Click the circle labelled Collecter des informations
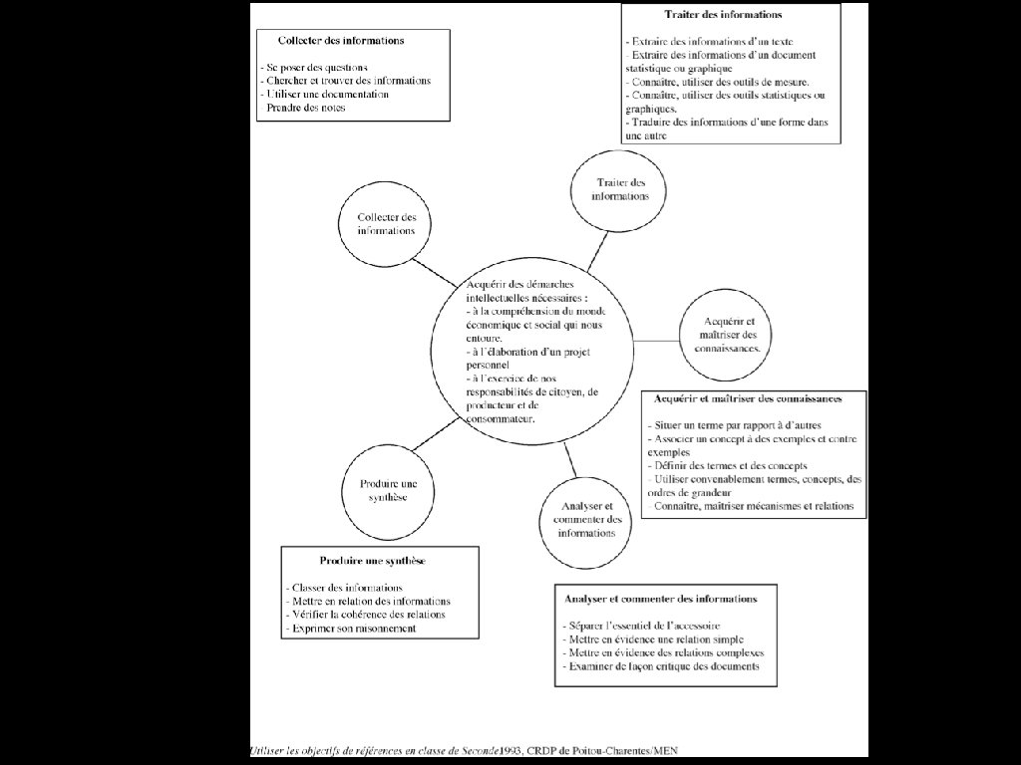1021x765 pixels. click(387, 224)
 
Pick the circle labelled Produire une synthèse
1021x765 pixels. click(383, 490)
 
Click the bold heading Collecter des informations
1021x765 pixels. click(341, 42)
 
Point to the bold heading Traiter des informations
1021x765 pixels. click(723, 15)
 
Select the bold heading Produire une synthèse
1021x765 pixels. click(373, 561)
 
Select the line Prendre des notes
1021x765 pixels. click(306, 108)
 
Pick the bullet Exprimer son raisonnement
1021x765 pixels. click(350, 630)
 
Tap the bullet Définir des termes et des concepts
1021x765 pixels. click(727, 466)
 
